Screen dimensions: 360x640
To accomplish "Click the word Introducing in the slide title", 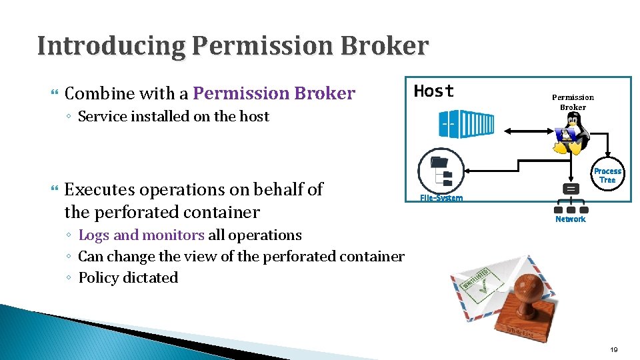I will pos(111,46).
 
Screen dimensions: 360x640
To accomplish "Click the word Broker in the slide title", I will pos(385,46).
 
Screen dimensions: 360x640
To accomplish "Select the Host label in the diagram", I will pos(434,91).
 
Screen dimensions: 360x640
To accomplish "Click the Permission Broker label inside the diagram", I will pos(573,102).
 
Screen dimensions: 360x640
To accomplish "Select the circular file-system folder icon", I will pos(440,171).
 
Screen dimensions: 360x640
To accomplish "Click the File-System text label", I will pos(441,198).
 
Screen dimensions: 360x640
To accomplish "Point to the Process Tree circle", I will pos(607,175).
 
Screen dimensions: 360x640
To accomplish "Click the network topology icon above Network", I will pos(571,198).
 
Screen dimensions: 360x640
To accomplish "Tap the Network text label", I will pos(571,219).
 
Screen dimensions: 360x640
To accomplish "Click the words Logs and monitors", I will pos(141,235).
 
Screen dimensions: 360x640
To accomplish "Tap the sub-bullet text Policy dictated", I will pos(128,277).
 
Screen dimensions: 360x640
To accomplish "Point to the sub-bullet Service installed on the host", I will pos(173,116).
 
